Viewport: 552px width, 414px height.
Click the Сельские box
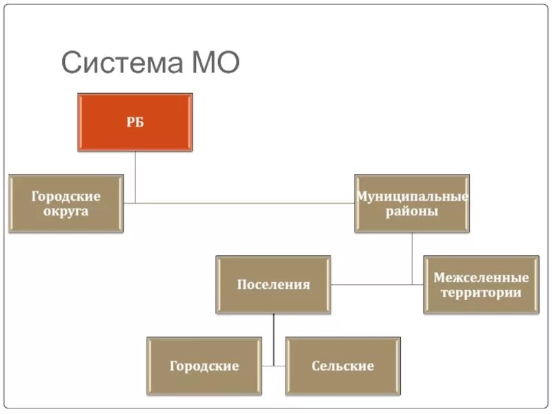click(343, 365)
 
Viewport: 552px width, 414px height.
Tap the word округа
click(66, 211)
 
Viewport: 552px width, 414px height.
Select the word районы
click(412, 211)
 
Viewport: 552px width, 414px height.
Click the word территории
click(481, 293)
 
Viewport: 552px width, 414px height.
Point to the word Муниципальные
click(412, 197)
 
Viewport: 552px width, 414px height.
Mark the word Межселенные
click(481, 277)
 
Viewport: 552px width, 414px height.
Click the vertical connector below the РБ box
click(135, 176)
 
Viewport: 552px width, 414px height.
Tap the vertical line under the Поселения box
click(273, 338)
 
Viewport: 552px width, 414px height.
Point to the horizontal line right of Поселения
click(373, 284)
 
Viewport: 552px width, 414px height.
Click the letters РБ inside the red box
click(135, 123)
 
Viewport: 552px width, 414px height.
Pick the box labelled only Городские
click(204, 365)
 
